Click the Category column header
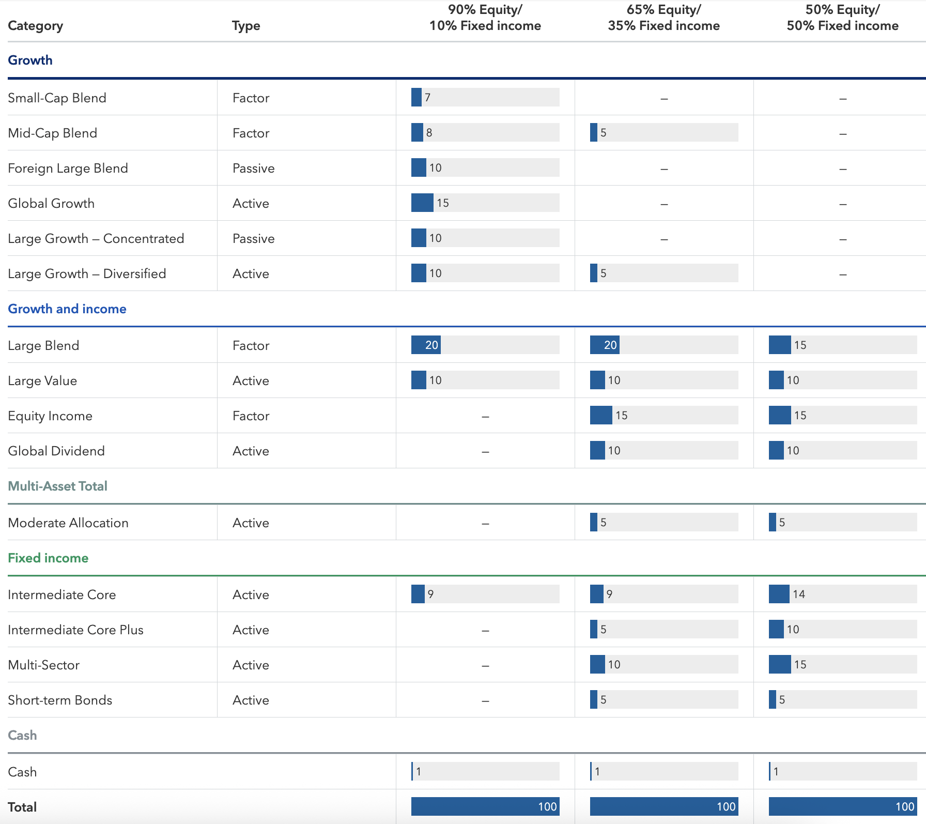[36, 26]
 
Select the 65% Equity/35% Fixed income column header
[663, 18]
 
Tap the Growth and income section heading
[67, 309]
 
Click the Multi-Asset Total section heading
[58, 486]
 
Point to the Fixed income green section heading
[48, 558]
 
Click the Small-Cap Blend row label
[57, 98]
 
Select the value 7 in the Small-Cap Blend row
[427, 97]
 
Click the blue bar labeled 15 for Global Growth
[422, 203]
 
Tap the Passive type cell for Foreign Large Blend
[253, 168]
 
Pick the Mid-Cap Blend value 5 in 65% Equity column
[603, 133]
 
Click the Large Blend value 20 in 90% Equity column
[431, 345]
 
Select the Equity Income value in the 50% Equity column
[800, 415]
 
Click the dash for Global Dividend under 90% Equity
[485, 451]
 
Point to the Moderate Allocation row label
[68, 523]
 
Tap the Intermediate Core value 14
[798, 594]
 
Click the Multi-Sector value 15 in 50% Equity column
[800, 664]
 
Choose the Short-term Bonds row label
[60, 700]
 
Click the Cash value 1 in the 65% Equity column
[597, 771]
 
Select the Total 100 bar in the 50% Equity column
[842, 806]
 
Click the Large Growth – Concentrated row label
[96, 238]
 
